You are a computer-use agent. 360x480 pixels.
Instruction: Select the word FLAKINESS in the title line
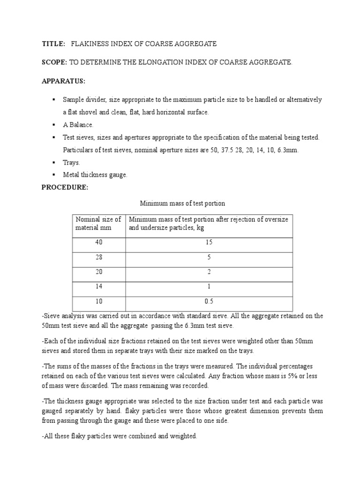(90, 44)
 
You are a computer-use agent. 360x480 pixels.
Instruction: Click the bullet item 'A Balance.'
(78, 125)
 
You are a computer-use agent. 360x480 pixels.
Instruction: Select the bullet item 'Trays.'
(72, 162)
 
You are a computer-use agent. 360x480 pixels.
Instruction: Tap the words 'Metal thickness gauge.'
(95, 175)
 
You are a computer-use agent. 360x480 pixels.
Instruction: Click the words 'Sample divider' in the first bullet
(84, 100)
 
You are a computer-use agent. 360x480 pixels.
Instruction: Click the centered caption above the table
(183, 203)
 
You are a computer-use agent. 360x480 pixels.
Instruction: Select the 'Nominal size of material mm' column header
(98, 223)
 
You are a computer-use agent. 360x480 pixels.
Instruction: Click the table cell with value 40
(98, 242)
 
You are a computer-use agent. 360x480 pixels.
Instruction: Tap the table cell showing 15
(209, 242)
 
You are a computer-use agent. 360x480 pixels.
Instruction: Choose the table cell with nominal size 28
(98, 257)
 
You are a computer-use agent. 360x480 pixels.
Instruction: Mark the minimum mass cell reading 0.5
(209, 301)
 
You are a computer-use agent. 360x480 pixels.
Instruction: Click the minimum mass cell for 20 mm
(209, 272)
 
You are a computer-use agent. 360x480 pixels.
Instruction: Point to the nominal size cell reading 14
(98, 286)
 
